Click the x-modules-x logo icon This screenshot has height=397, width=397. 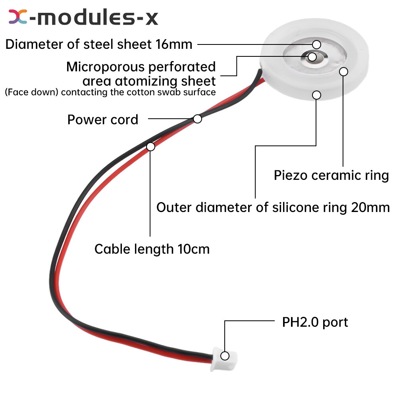click(18, 17)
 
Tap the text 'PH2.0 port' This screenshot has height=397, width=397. click(315, 322)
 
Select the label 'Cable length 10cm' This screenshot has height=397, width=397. click(152, 249)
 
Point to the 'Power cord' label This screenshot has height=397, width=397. click(103, 119)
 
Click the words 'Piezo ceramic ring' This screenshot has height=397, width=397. click(331, 175)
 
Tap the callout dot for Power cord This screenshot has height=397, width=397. click(197, 118)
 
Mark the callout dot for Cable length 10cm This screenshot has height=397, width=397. click(150, 146)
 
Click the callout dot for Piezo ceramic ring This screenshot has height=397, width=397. click(344, 71)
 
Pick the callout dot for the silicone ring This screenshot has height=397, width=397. click(316, 94)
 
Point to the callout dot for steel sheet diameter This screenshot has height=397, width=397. click(316, 44)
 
